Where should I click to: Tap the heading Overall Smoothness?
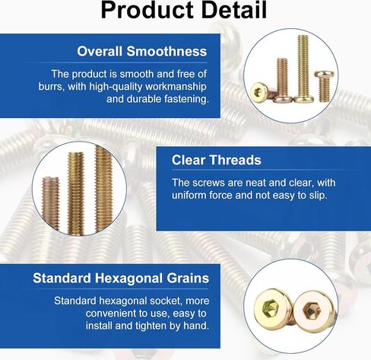point(142,51)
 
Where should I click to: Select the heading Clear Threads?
point(217,160)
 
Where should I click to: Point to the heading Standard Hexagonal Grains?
point(121,278)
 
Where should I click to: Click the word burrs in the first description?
point(51,87)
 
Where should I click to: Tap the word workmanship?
point(176,87)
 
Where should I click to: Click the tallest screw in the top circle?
point(303,69)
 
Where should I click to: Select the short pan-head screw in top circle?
point(325,86)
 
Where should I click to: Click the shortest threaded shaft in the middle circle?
point(50,202)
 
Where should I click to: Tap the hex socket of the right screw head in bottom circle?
point(312,310)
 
